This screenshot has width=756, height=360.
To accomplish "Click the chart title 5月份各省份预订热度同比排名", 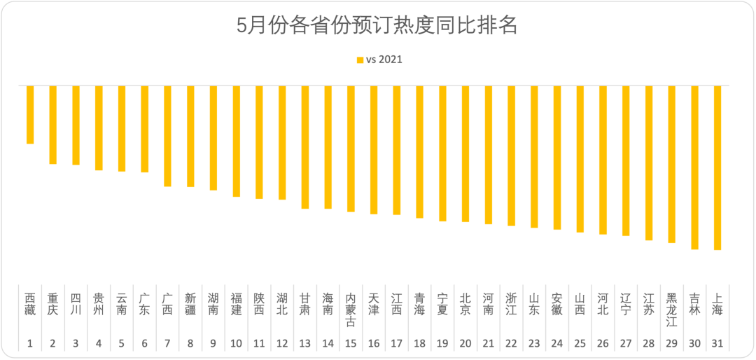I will coord(377,27).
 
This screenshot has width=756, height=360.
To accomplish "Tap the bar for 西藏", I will coord(30,115).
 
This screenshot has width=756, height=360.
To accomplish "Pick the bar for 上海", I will coord(717,168).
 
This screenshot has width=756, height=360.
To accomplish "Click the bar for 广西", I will coord(167,136).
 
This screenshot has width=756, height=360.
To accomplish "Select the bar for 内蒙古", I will coord(351,148).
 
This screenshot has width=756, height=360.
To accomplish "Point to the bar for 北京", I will coord(465,154).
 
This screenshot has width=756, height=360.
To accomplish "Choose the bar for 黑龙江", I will coord(671,165).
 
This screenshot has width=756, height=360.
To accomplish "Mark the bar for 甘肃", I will coord(305,147).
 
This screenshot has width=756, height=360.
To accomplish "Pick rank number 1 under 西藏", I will coord(30,344).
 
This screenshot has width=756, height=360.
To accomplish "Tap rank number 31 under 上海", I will coord(717,344).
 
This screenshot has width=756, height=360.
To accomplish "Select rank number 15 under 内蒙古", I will coord(351,344).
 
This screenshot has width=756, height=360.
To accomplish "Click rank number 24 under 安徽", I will coord(557,344).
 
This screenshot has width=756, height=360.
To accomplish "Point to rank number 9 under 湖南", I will coord(213,344).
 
